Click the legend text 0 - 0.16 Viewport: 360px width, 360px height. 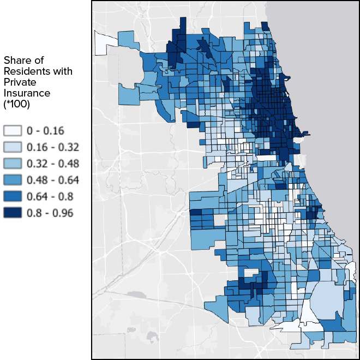(45, 130)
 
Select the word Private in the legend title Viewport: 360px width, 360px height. (20, 82)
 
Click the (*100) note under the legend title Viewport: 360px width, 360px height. (16, 104)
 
